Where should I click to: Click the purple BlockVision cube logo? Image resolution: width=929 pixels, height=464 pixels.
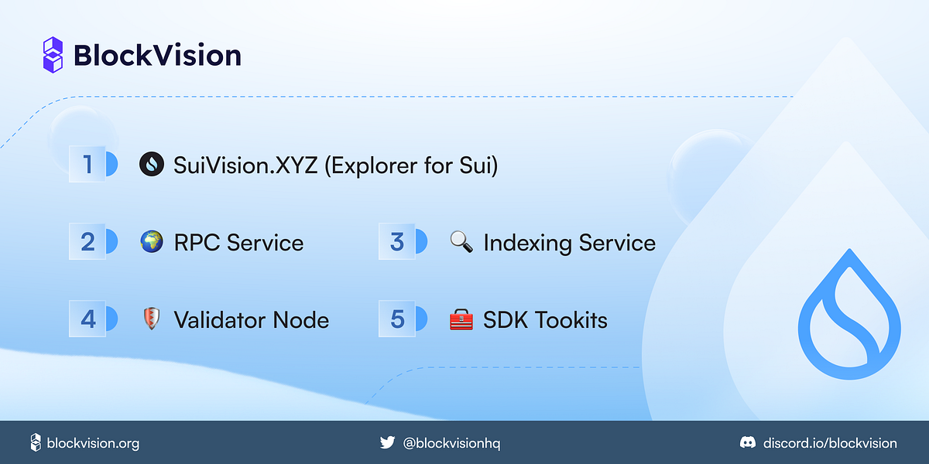(53, 55)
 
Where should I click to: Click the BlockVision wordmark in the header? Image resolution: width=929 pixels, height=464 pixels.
(157, 56)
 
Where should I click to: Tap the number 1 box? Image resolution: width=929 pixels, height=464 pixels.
(87, 164)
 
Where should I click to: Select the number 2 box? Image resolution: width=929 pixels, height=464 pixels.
(87, 242)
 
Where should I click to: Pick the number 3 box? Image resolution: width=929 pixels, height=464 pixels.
(397, 242)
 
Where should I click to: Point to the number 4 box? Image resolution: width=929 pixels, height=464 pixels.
(87, 319)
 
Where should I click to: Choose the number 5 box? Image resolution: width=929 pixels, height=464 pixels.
(397, 319)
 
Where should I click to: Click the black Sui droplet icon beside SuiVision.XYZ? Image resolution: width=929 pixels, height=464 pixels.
(151, 164)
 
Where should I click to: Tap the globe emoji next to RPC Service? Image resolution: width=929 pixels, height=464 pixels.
(151, 242)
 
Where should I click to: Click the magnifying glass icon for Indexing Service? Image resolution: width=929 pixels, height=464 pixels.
(461, 242)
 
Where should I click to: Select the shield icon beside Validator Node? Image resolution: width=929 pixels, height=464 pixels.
(151, 319)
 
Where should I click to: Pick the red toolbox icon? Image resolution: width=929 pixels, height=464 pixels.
(461, 319)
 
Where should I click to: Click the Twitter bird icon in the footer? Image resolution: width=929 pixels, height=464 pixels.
(387, 443)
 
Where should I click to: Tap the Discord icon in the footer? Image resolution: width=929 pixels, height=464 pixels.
(747, 443)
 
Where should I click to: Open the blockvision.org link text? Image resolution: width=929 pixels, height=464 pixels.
(93, 443)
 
